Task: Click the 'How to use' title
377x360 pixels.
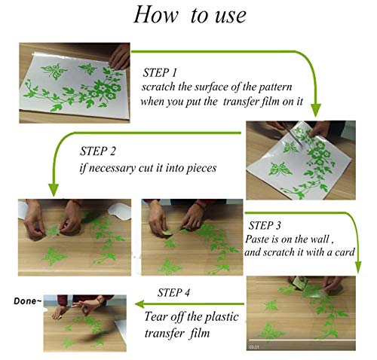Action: (x=190, y=15)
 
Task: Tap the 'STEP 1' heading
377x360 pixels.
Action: (x=160, y=72)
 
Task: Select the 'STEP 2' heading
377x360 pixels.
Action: (x=98, y=151)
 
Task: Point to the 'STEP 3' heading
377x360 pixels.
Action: (x=265, y=225)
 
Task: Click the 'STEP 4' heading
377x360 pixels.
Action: (x=173, y=292)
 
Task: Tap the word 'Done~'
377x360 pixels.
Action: (x=27, y=301)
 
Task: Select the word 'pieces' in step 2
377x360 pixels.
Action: (x=201, y=168)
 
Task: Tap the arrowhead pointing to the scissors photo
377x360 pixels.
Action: (x=316, y=110)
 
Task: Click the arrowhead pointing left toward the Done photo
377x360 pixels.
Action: (x=140, y=304)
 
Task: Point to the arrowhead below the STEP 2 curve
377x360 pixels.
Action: (x=53, y=190)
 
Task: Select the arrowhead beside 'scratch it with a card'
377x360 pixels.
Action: (x=358, y=267)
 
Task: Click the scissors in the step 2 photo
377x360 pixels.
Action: (x=293, y=135)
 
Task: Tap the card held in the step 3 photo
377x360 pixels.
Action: (x=300, y=283)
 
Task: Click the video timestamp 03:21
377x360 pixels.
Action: (x=253, y=347)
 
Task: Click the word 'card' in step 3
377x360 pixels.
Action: (x=345, y=252)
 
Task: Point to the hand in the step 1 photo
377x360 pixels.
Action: (x=120, y=56)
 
